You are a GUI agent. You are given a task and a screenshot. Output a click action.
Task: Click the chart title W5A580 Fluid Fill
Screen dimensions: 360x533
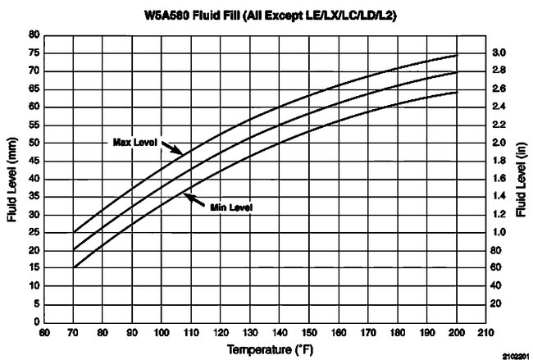click(266, 15)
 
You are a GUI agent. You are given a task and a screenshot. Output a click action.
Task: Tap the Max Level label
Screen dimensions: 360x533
click(134, 142)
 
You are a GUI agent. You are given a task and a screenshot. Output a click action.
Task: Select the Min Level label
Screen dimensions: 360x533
click(230, 207)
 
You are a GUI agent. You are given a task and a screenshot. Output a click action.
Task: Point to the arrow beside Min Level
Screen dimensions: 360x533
click(196, 200)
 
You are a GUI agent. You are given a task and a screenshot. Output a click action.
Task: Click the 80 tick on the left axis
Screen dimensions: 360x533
click(34, 35)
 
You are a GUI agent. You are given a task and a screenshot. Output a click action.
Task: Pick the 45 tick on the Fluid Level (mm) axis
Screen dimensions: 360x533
click(34, 160)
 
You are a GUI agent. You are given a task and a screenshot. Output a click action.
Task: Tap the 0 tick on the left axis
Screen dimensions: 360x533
click(38, 321)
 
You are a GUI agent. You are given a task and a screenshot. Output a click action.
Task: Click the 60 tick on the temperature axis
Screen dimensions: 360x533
click(46, 333)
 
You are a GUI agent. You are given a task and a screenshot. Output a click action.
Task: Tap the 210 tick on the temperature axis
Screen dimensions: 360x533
click(485, 333)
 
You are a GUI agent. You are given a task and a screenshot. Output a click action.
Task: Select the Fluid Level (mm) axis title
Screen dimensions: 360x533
click(10, 176)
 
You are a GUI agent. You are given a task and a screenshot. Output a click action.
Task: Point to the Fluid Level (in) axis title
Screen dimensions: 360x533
click(521, 176)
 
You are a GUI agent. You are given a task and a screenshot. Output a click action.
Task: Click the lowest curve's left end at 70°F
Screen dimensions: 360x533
click(75, 267)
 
